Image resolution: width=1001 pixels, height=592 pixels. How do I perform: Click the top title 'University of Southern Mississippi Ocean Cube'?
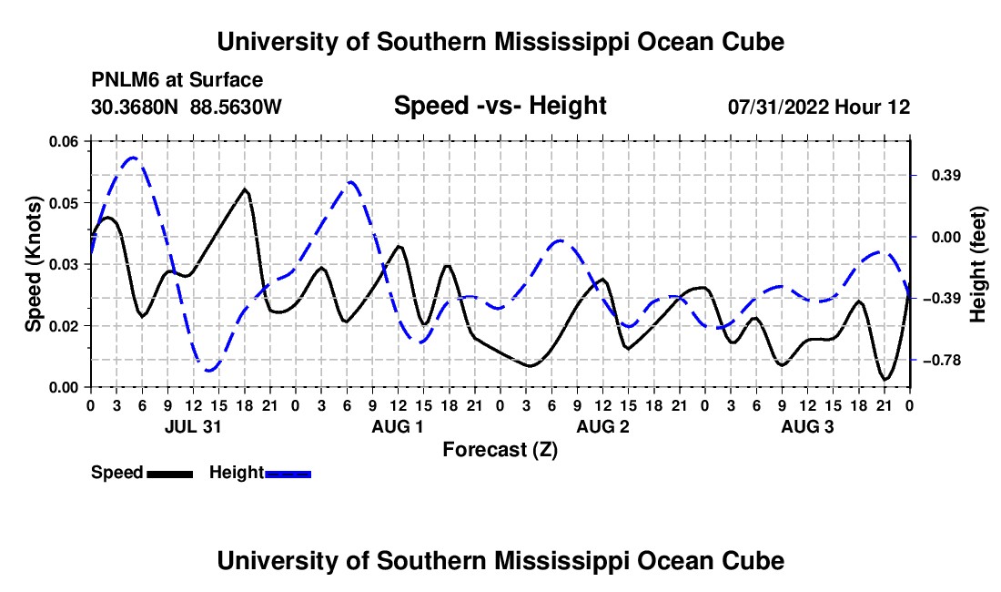tap(500, 42)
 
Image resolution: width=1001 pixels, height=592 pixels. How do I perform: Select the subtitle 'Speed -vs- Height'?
tap(500, 106)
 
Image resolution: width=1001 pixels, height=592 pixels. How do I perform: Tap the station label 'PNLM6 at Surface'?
tap(177, 80)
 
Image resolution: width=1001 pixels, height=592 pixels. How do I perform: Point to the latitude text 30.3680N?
tap(134, 107)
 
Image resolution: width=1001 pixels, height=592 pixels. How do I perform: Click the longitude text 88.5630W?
tap(236, 107)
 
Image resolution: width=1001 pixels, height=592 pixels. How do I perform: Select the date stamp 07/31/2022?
tap(777, 107)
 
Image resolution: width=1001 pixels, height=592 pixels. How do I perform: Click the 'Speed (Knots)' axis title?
tap(33, 264)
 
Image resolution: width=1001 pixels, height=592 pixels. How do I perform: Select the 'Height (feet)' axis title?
tap(977, 264)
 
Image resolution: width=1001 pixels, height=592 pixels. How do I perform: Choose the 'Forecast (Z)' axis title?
tap(500, 450)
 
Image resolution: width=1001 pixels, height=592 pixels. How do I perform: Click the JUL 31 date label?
tap(193, 426)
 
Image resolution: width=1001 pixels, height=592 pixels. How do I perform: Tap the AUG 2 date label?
tap(602, 426)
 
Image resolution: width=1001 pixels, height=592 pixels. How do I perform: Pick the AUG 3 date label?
tap(807, 426)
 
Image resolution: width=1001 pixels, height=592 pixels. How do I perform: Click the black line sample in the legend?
tap(169, 474)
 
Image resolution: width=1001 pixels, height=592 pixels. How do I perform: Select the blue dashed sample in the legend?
tap(288, 474)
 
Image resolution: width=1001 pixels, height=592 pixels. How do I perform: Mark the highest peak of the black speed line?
tap(245, 189)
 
